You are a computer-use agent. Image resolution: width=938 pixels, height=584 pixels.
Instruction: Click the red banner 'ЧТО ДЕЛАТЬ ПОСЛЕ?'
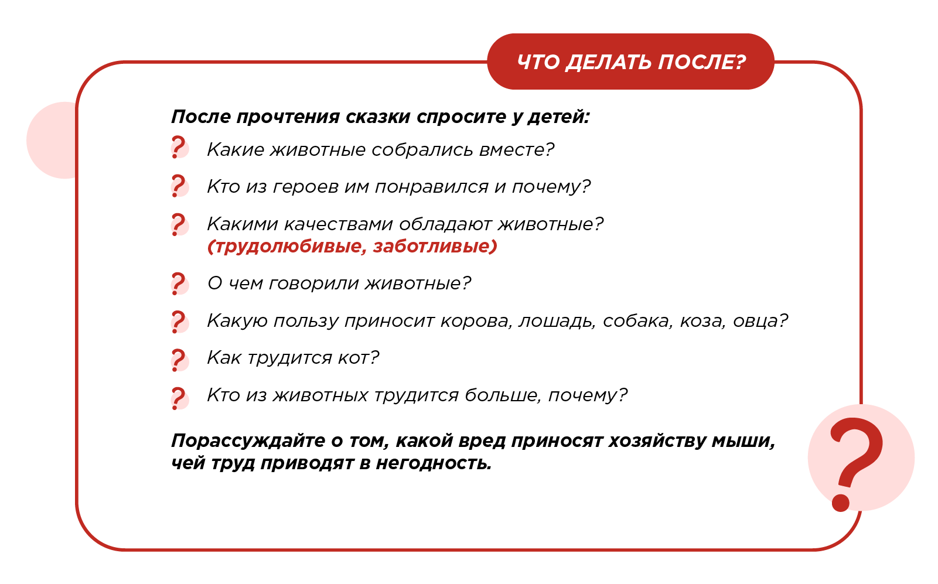tap(630, 62)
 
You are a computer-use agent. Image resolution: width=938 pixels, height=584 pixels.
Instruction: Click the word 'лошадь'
tap(557, 321)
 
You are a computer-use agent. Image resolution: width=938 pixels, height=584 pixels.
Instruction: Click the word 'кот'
tap(359, 358)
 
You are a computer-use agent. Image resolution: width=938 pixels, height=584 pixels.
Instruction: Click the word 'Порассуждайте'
tap(248, 441)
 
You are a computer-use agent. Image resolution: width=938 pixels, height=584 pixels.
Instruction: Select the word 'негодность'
tap(434, 463)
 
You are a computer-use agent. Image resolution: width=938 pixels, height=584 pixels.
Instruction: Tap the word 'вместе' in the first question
tap(516, 150)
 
